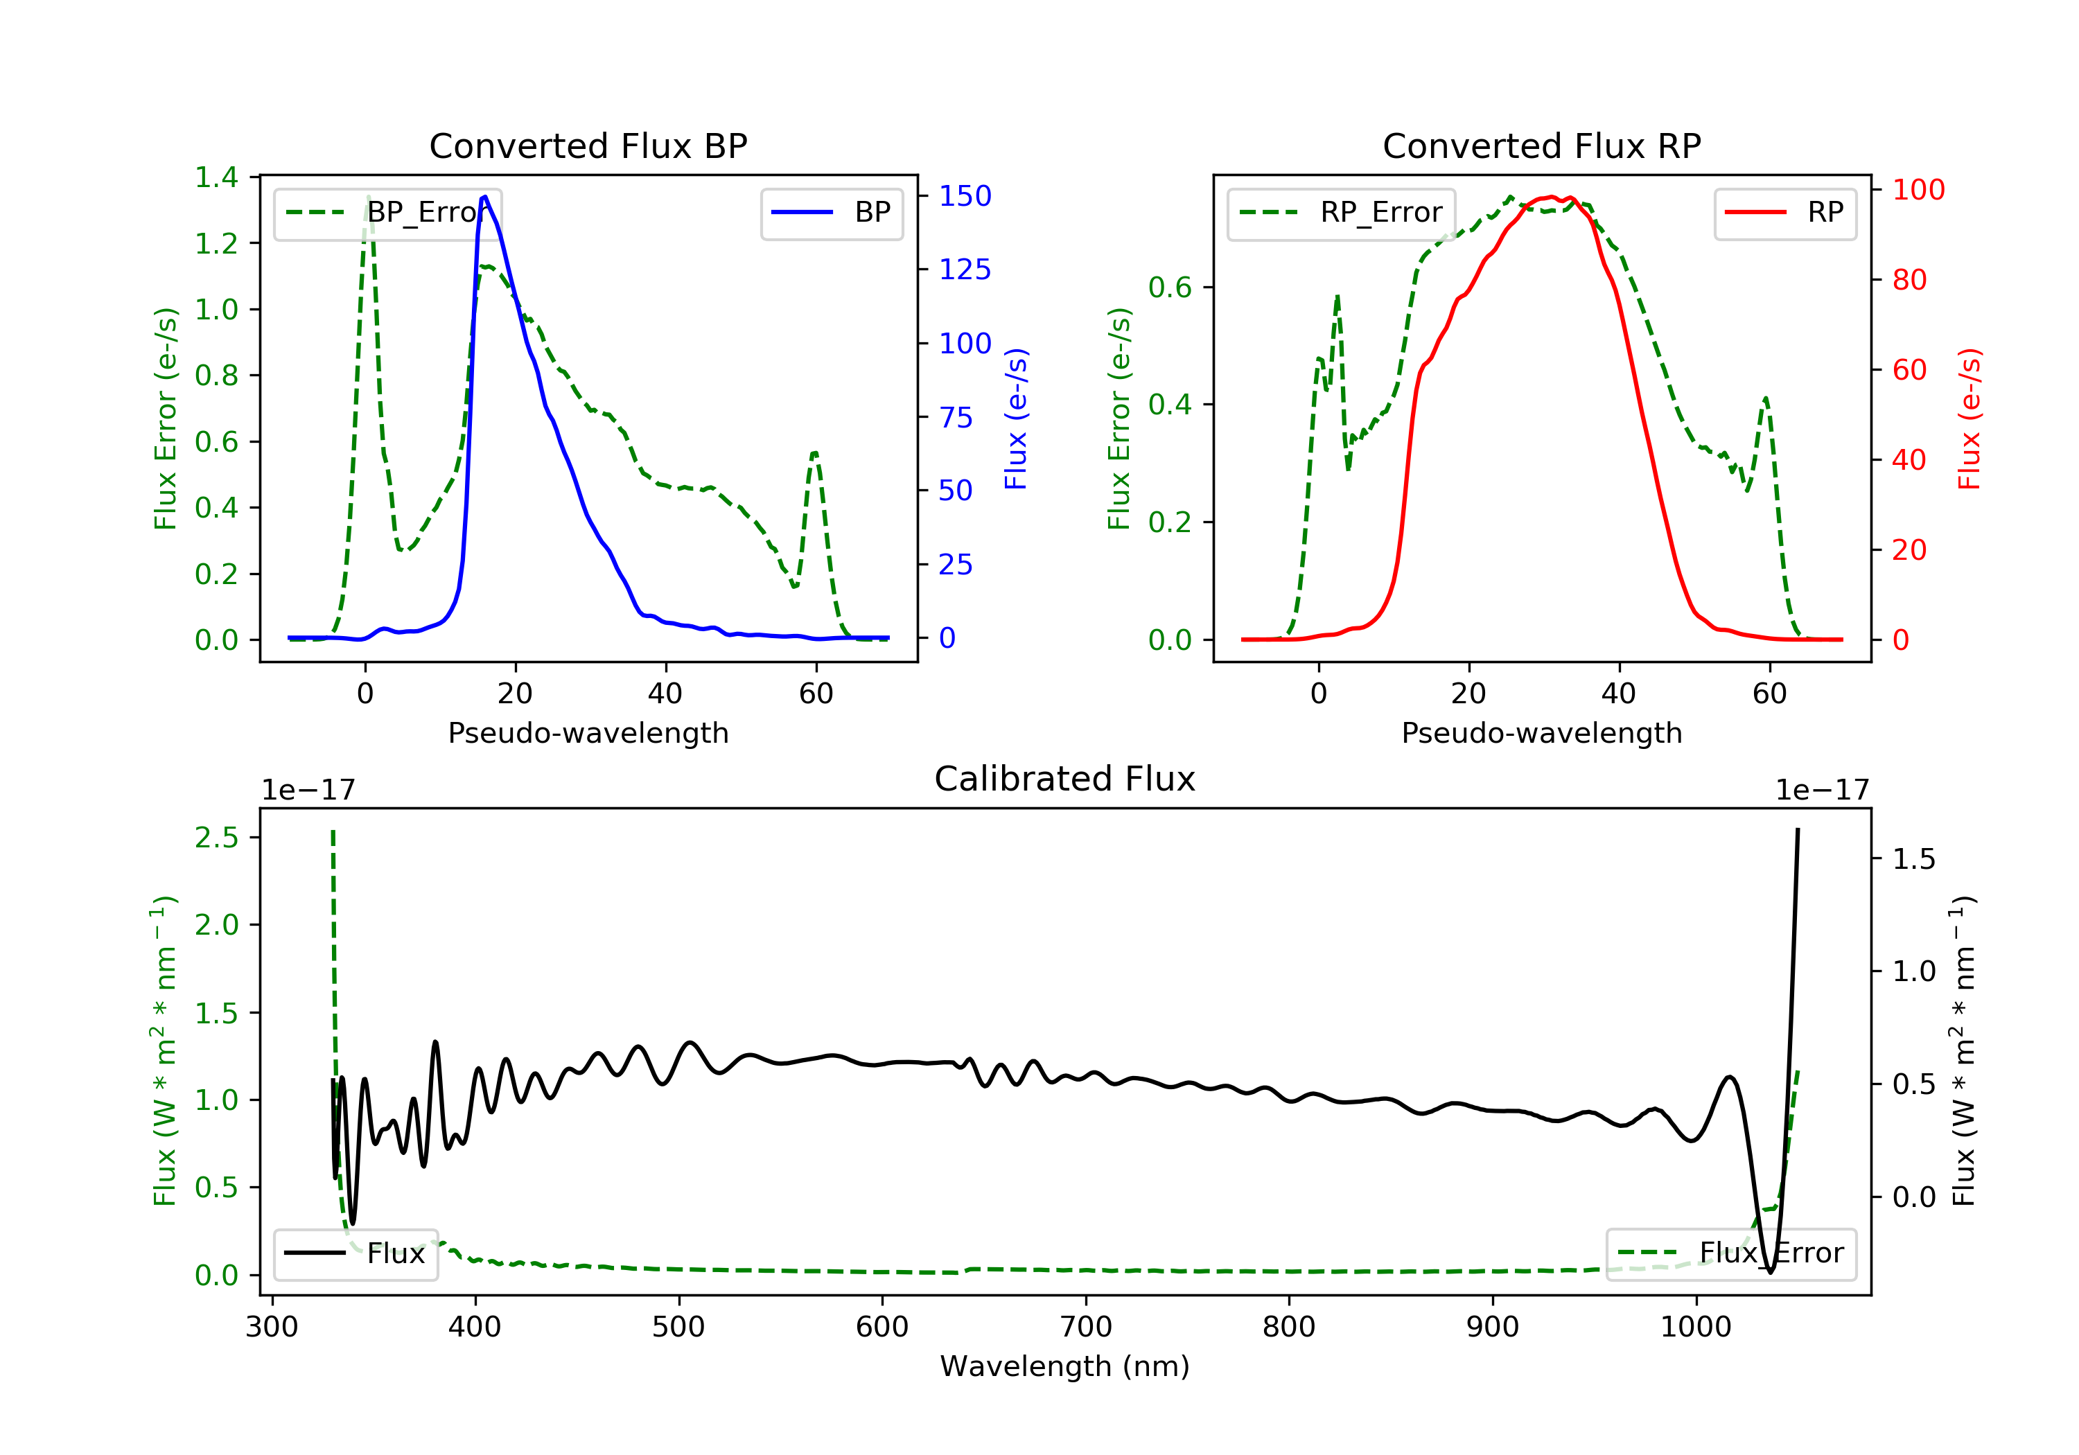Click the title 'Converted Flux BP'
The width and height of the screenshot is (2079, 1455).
[x=588, y=145]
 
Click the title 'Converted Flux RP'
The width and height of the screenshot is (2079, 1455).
[x=1541, y=145]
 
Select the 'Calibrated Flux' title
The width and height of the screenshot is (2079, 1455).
[x=1065, y=779]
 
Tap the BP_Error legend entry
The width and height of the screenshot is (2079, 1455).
[x=387, y=213]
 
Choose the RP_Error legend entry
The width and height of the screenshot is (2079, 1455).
[x=1341, y=213]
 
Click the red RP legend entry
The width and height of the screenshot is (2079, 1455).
[x=1784, y=213]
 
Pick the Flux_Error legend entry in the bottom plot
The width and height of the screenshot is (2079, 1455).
[x=1730, y=1253]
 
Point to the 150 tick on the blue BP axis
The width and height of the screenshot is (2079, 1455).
[x=965, y=195]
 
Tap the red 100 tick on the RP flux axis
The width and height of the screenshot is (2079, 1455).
[x=1918, y=189]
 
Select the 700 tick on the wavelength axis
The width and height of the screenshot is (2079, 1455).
[x=1086, y=1328]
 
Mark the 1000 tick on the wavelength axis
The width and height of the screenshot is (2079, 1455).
[x=1696, y=1328]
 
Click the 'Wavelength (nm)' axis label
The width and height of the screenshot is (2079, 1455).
[x=1065, y=1366]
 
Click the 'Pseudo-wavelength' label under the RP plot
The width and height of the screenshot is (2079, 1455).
[x=1541, y=732]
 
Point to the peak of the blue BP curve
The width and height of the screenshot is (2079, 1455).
[x=485, y=197]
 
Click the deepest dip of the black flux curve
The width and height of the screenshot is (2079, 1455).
[x=1770, y=1271]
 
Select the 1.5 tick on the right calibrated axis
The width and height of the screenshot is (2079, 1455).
[x=1914, y=858]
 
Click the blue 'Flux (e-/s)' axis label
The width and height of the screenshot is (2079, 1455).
[x=1016, y=419]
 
